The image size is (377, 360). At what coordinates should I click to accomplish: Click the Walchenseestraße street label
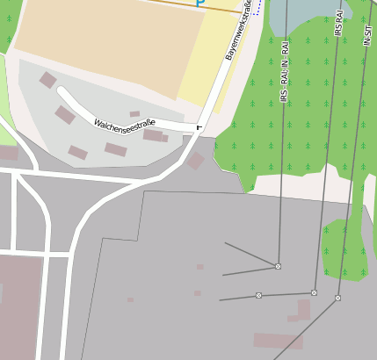click(124, 127)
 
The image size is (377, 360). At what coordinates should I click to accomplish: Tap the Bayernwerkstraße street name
click(239, 32)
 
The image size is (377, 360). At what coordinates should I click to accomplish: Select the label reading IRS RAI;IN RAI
click(284, 70)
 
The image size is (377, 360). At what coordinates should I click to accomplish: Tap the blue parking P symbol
click(199, 4)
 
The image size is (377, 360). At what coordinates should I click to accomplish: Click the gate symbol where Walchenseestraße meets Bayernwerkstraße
click(199, 127)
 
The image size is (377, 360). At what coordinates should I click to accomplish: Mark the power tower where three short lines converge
click(278, 265)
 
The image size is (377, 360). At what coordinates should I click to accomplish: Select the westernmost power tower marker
click(258, 295)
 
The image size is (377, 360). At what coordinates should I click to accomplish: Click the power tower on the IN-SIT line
click(337, 298)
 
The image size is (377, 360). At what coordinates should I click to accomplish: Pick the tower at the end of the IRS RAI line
click(314, 292)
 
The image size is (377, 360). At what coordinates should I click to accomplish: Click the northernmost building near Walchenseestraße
click(47, 81)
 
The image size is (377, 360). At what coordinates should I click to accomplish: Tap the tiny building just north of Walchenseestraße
click(134, 114)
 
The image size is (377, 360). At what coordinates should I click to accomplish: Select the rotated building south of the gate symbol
click(195, 161)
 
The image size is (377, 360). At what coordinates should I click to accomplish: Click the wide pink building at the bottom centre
click(278, 341)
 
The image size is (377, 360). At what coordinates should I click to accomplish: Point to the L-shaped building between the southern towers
click(301, 311)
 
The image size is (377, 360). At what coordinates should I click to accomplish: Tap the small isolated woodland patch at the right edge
click(344, 250)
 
